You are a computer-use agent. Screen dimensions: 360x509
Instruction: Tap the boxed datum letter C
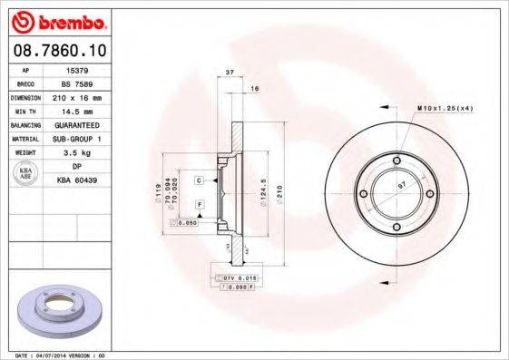198,181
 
